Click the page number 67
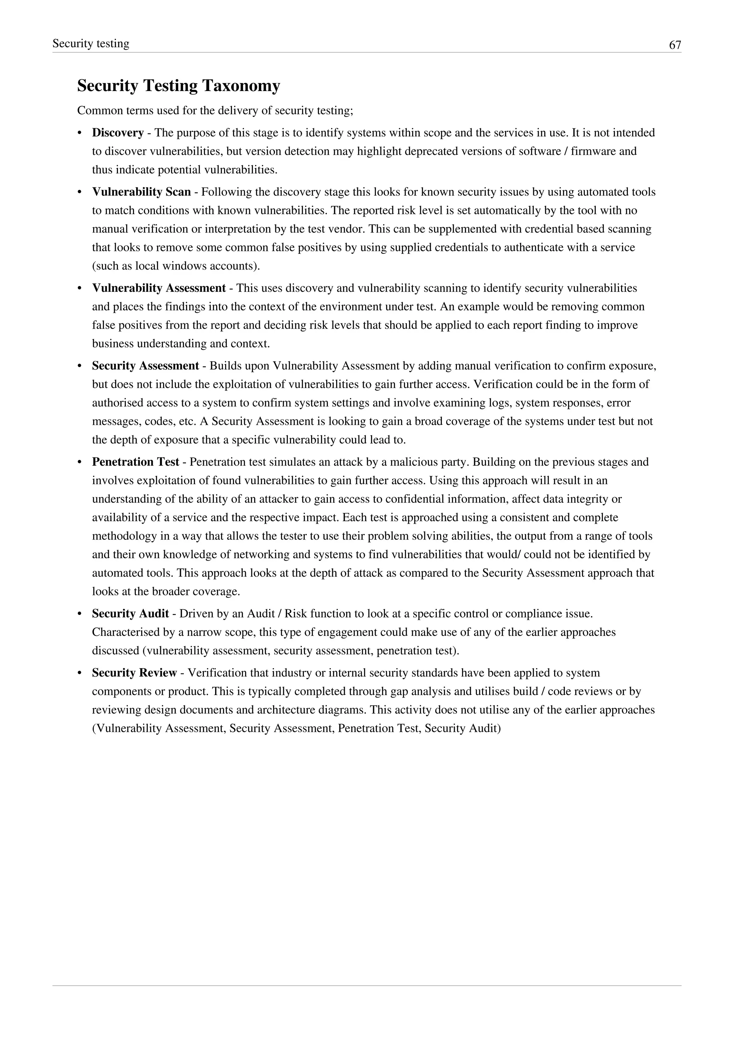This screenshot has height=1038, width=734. point(675,45)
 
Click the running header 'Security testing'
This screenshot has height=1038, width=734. point(91,43)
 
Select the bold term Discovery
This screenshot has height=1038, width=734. point(118,133)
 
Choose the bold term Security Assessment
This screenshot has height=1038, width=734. point(145,366)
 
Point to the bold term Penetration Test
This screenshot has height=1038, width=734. point(135,462)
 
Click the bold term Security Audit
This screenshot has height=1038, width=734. point(130,614)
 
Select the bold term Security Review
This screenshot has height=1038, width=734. point(134,673)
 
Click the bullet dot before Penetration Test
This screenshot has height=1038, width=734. point(80,462)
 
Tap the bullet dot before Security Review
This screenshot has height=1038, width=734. point(80,673)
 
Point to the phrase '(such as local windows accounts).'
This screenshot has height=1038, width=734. point(176,266)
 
